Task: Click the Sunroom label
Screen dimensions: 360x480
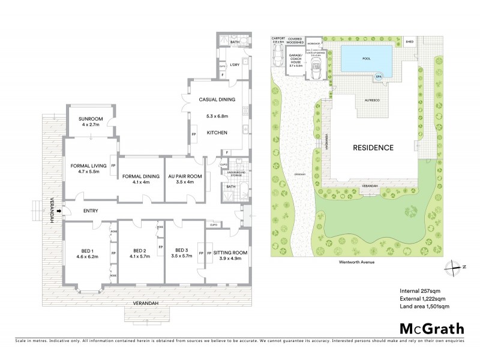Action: [x=92, y=118]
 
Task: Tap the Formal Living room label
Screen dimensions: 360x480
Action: [x=88, y=165]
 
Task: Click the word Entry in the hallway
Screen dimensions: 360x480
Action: [x=91, y=211]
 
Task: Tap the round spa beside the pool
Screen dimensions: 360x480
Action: [x=378, y=77]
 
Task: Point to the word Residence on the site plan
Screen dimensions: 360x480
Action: [x=373, y=148]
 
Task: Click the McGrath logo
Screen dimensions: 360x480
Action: [x=431, y=328]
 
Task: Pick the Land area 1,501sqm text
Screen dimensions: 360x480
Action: [x=425, y=306]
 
